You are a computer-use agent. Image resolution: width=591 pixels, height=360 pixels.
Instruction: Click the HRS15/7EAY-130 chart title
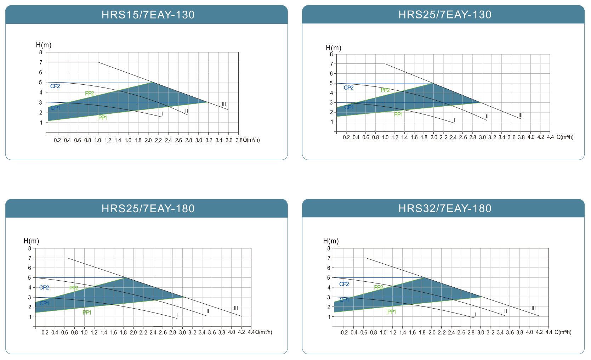tap(148, 15)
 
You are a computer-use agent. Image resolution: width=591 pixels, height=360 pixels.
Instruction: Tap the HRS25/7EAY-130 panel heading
tap(445, 15)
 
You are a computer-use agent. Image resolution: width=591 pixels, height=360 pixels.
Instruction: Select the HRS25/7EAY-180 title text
tap(148, 208)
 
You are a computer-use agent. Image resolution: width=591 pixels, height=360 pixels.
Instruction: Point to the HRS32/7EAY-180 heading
tap(445, 208)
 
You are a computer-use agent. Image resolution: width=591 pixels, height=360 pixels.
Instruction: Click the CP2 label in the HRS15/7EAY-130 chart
tap(55, 86)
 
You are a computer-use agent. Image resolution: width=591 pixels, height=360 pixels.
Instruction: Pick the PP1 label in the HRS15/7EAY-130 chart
tap(103, 118)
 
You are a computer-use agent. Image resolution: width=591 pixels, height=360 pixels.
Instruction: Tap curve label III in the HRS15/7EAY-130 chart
tap(224, 104)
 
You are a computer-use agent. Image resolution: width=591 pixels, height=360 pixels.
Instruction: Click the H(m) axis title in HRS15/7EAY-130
tap(44, 45)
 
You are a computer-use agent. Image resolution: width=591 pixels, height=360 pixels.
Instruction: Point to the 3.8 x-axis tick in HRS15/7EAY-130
tap(239, 140)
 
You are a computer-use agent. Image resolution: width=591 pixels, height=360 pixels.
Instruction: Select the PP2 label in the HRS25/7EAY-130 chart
tap(385, 90)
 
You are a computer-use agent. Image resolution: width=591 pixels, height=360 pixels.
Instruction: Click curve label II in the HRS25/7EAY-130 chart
tap(487, 117)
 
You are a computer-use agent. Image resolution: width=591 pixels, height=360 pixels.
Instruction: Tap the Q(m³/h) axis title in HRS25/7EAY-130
tap(565, 137)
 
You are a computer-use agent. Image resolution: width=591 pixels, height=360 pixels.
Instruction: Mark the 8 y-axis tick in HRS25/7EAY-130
tap(331, 54)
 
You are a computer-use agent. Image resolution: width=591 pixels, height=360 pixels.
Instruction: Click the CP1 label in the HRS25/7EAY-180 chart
tap(44, 303)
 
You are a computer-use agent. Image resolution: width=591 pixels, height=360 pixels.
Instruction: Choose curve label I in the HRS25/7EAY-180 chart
tap(177, 315)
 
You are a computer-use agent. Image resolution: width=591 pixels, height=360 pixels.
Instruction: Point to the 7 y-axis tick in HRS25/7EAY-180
tap(30, 258)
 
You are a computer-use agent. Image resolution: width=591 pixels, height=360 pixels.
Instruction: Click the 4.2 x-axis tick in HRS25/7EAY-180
tap(241, 332)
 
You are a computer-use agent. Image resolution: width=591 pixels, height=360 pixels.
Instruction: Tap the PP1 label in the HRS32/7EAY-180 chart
tap(392, 312)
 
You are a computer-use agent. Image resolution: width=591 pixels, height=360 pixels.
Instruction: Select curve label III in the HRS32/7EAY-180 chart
tap(534, 308)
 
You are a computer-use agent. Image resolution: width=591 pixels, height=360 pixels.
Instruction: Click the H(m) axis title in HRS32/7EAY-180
tap(331, 241)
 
